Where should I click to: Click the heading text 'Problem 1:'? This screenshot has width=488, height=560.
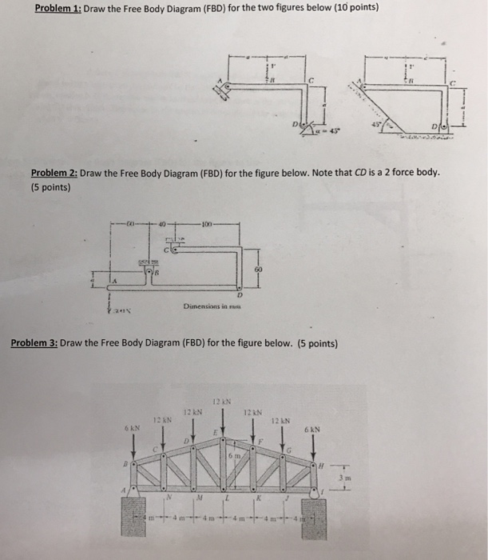68,9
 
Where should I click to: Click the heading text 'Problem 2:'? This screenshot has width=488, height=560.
54,173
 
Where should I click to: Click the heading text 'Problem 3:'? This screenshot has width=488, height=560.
34,344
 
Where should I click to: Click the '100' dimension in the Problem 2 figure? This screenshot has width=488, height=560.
205,223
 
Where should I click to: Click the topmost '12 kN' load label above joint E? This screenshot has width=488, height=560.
221,400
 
